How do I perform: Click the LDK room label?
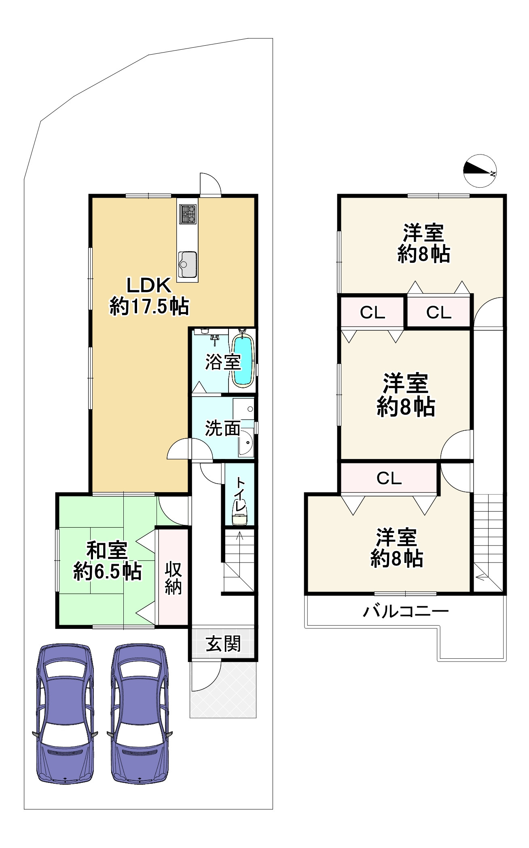[x=149, y=296]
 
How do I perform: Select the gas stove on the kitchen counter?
[x=188, y=214]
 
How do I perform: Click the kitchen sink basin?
[x=188, y=264]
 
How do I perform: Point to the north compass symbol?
[x=480, y=171]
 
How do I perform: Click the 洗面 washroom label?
[x=222, y=428]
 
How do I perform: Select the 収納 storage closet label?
[x=173, y=578]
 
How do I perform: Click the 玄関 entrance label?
[x=223, y=643]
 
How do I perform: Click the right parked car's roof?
[x=140, y=704]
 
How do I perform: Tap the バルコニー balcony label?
[x=406, y=611]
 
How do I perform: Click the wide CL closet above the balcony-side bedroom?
[x=389, y=478]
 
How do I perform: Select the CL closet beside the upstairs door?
[x=439, y=312]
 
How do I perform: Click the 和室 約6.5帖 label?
[x=108, y=561]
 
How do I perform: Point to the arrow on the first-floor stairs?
[x=239, y=536]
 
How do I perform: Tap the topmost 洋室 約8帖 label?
[x=423, y=243]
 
